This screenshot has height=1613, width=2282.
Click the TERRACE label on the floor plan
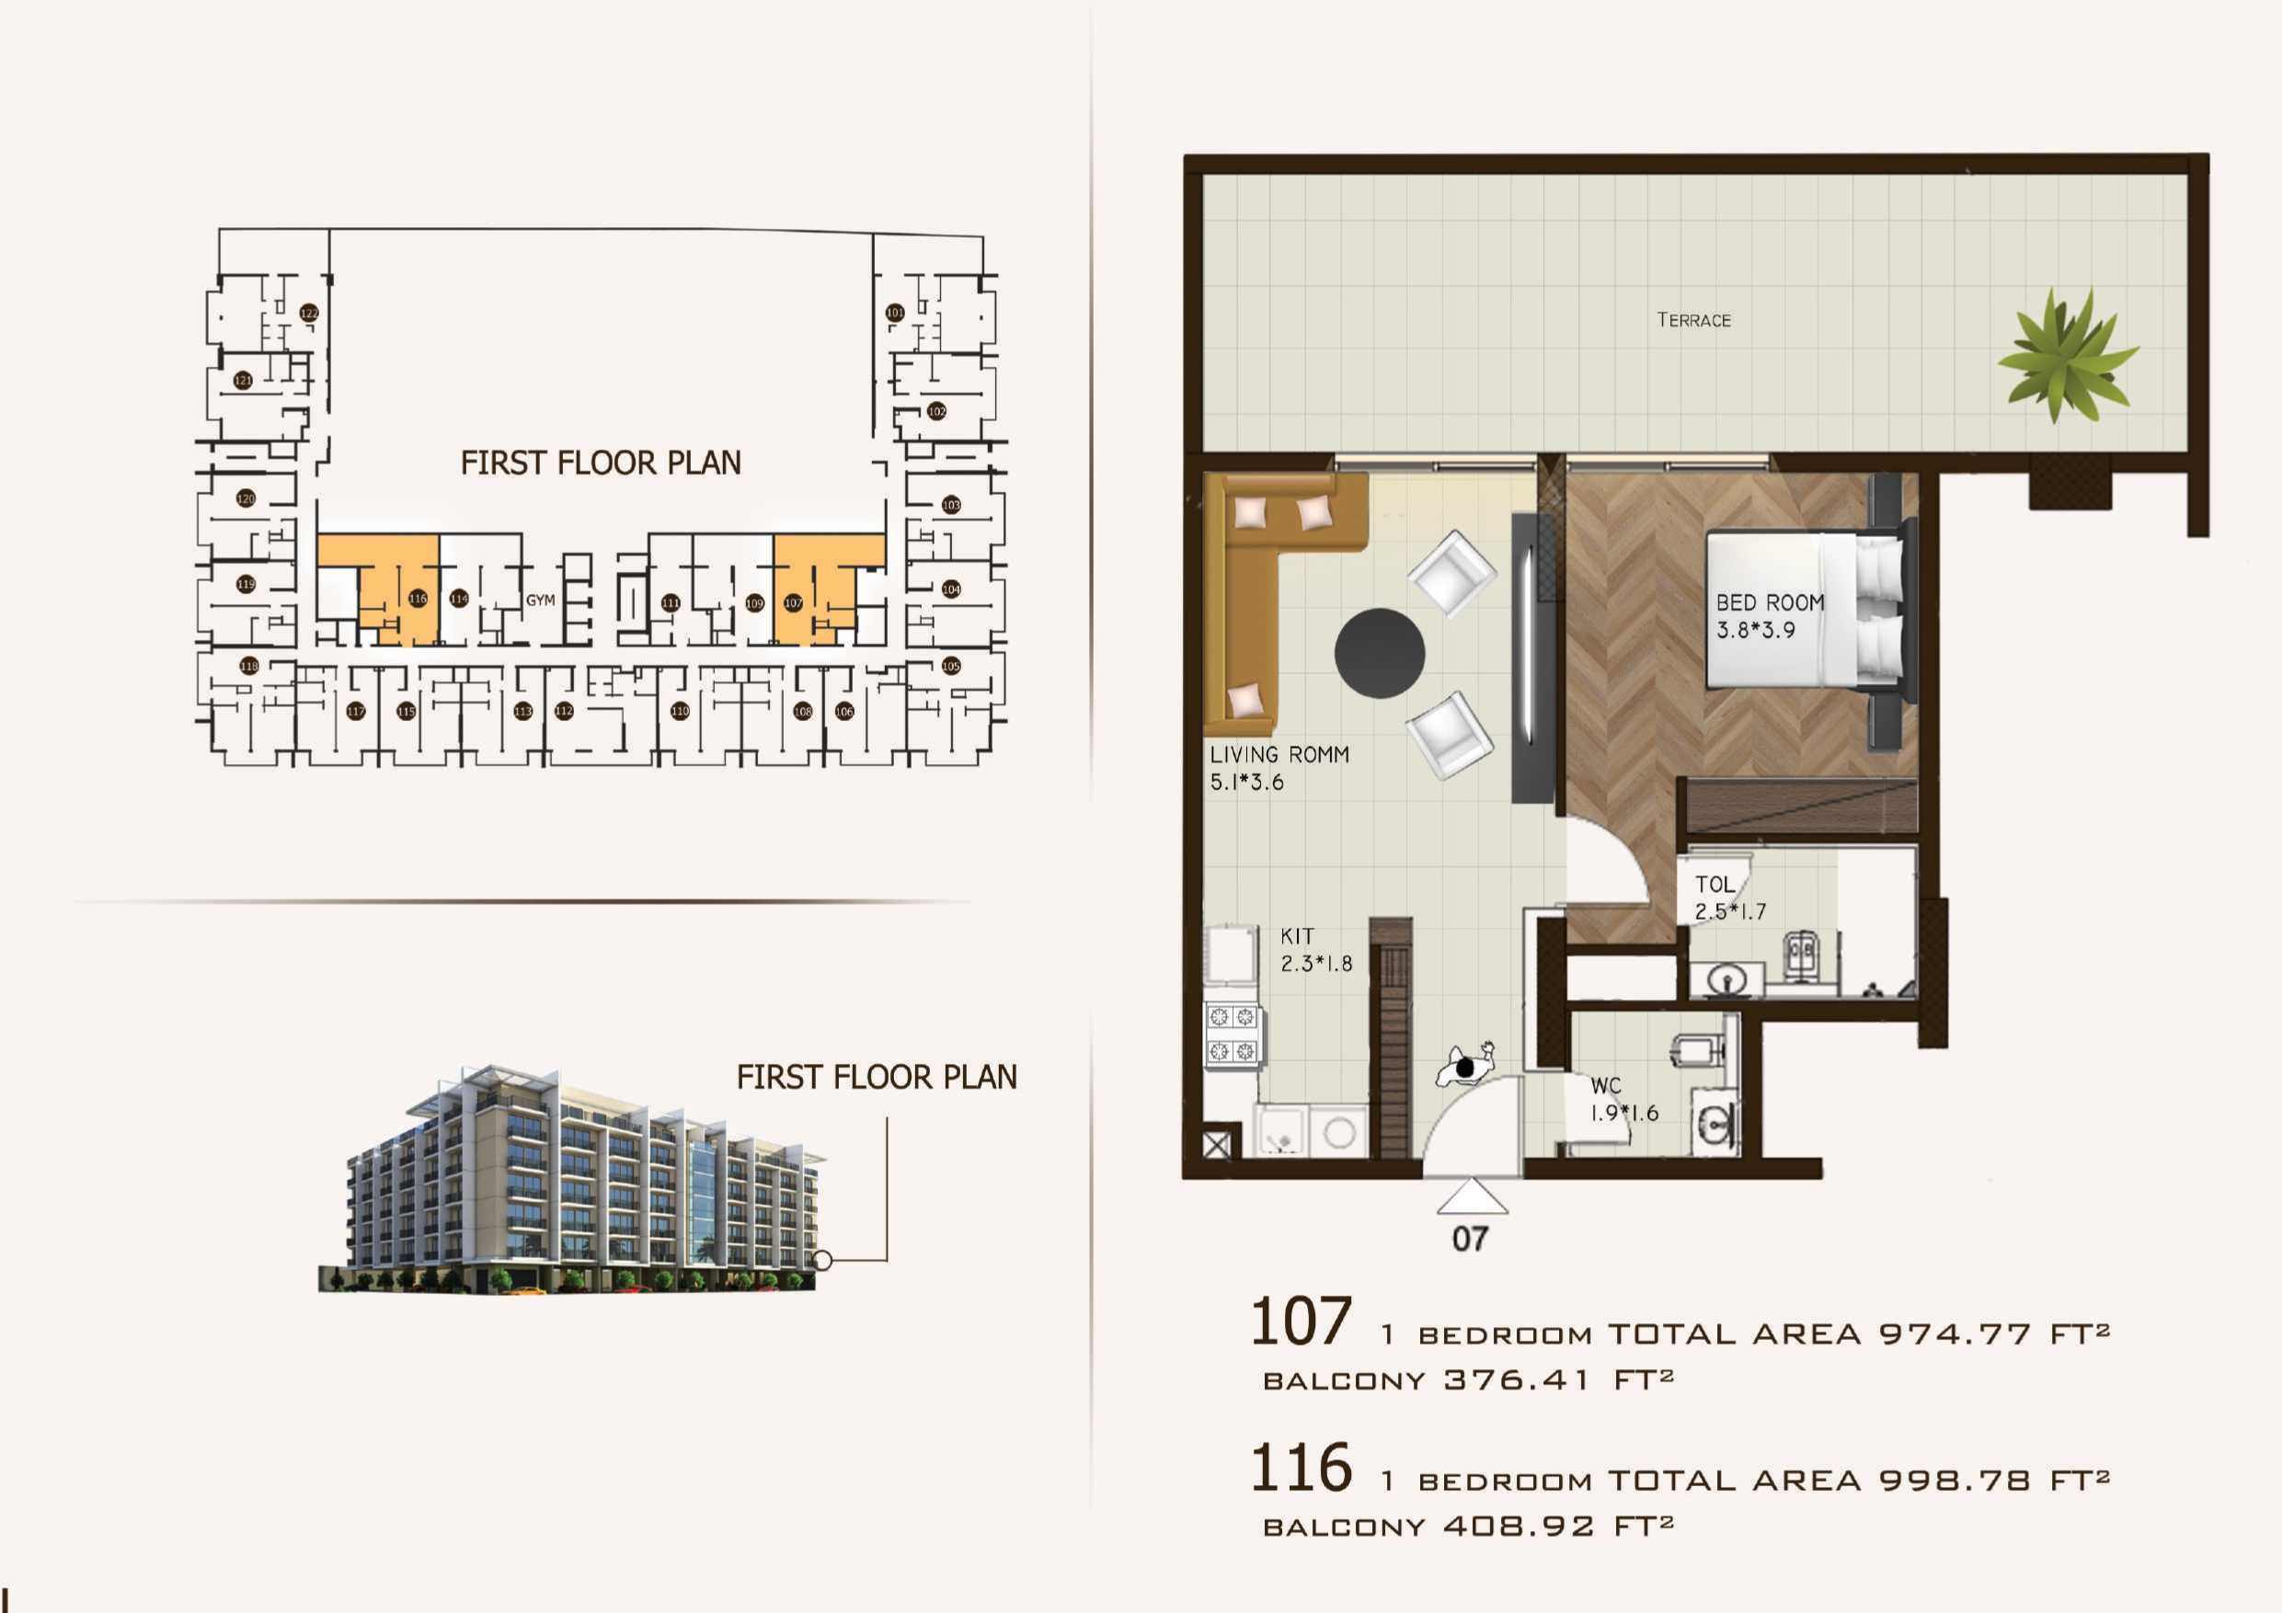pyautogui.click(x=1693, y=320)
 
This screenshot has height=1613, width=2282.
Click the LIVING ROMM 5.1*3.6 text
pyautogui.click(x=1279, y=767)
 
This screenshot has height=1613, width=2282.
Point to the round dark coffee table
pyautogui.click(x=1380, y=653)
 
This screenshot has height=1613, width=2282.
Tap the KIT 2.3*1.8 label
pyautogui.click(x=1315, y=949)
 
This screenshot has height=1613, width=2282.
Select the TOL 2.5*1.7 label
pyautogui.click(x=1729, y=898)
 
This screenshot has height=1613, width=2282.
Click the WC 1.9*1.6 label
pyautogui.click(x=1624, y=1099)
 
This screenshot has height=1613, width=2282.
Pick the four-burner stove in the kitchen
pyautogui.click(x=1233, y=1034)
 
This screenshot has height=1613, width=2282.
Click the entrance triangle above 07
pyautogui.click(x=1472, y=1196)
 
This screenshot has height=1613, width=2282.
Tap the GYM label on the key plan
pyautogui.click(x=541, y=601)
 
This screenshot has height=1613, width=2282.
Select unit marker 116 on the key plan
pyautogui.click(x=418, y=599)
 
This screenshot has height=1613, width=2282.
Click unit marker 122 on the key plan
pyautogui.click(x=309, y=313)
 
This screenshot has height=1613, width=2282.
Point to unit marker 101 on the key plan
pyautogui.click(x=895, y=312)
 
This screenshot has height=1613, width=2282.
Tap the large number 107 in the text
pyautogui.click(x=1300, y=1321)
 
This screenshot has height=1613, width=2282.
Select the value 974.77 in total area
pyautogui.click(x=1955, y=1333)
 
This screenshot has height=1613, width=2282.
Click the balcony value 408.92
pyautogui.click(x=1518, y=1526)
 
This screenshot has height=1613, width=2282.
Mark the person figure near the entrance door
pyautogui.click(x=1465, y=1067)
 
